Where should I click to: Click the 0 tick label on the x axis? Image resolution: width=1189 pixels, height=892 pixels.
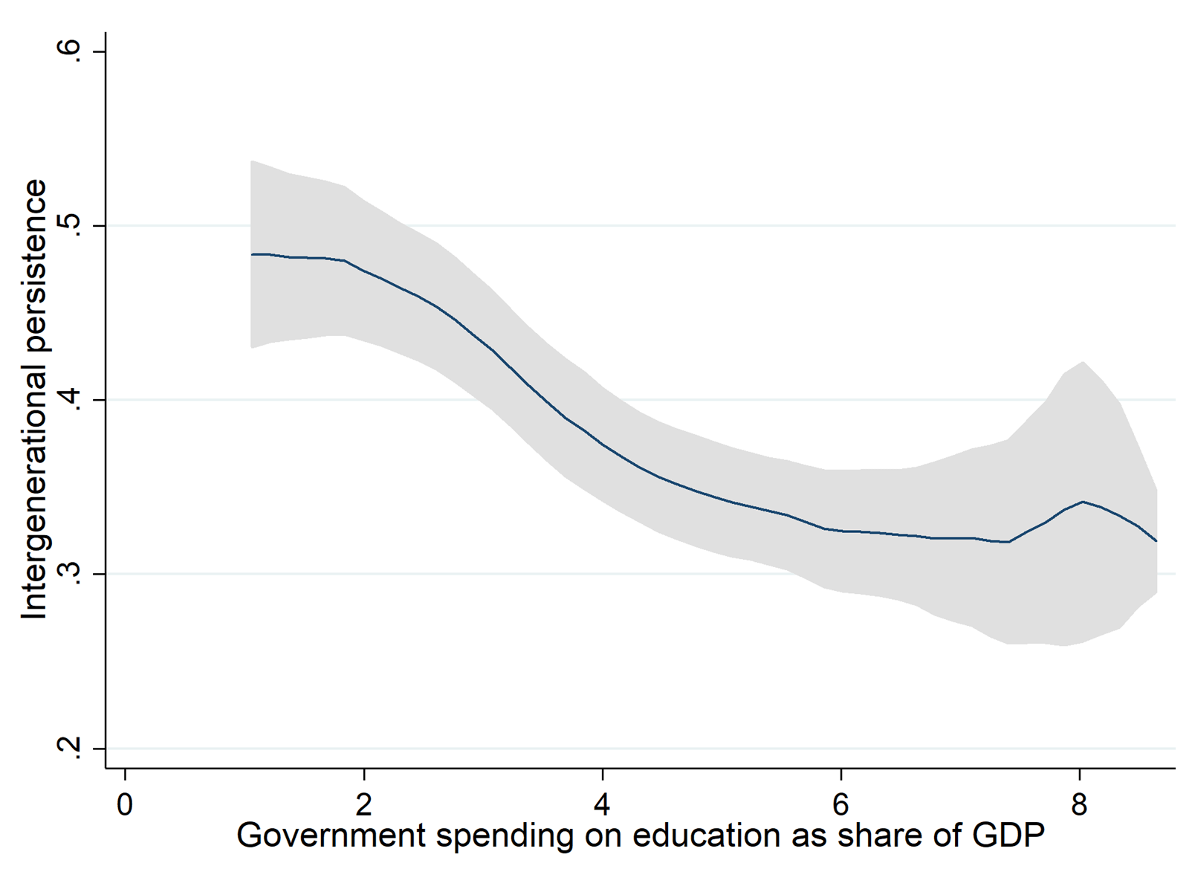(125, 804)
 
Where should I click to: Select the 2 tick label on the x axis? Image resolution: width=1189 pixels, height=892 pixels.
(363, 804)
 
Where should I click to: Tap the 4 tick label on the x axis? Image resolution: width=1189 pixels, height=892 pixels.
(602, 804)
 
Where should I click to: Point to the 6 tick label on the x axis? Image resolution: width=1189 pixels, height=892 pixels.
(840, 804)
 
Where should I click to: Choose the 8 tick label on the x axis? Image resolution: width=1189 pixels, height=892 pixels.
(1079, 804)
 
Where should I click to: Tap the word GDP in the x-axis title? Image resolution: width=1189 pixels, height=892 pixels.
(1008, 836)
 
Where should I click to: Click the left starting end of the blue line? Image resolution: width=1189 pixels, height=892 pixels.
(251, 254)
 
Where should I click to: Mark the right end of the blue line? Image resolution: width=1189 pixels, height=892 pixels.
(1156, 541)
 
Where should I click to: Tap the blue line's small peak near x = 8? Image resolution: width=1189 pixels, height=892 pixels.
(1083, 502)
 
